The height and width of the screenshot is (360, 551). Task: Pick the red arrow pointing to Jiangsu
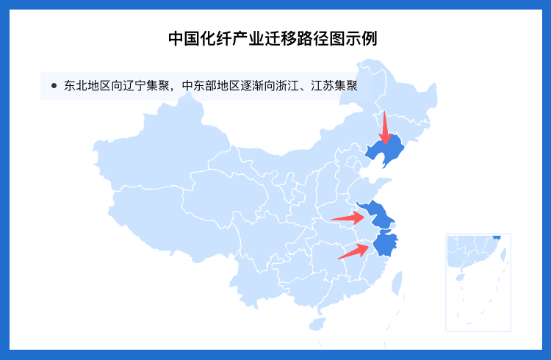point(348,217)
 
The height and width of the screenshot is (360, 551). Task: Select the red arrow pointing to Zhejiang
point(353,251)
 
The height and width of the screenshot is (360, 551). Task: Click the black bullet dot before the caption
point(54,86)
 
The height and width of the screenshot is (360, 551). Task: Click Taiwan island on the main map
point(397,283)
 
